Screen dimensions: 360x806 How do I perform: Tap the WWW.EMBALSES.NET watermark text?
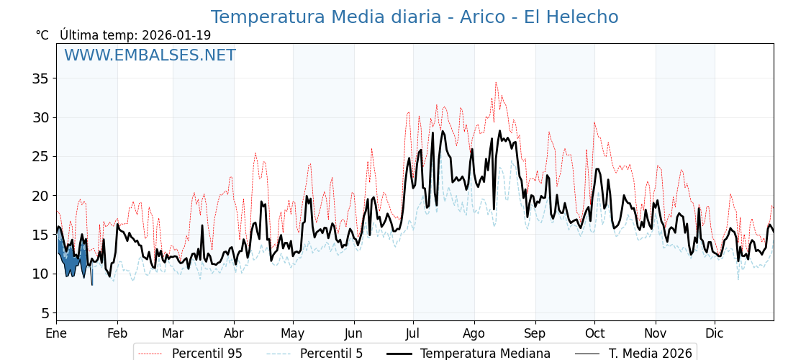pos(150,55)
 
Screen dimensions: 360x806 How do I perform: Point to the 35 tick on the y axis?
pos(40,78)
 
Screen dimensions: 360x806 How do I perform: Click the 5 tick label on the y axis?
pos(45,313)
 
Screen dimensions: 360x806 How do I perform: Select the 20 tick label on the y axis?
pos(40,196)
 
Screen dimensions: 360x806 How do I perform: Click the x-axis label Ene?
pos(56,334)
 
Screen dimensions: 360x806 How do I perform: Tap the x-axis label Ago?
pos(474,334)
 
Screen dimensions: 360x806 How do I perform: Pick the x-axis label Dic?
pos(715,334)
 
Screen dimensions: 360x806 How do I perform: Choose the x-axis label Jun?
pos(353,334)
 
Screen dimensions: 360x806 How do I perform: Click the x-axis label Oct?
pos(594,334)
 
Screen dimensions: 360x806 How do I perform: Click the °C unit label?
pos(42,35)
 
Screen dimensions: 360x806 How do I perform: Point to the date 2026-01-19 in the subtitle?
pos(176,35)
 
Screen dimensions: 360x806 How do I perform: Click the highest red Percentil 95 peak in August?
pos(495,83)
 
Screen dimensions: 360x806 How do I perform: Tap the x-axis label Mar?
pos(173,334)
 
